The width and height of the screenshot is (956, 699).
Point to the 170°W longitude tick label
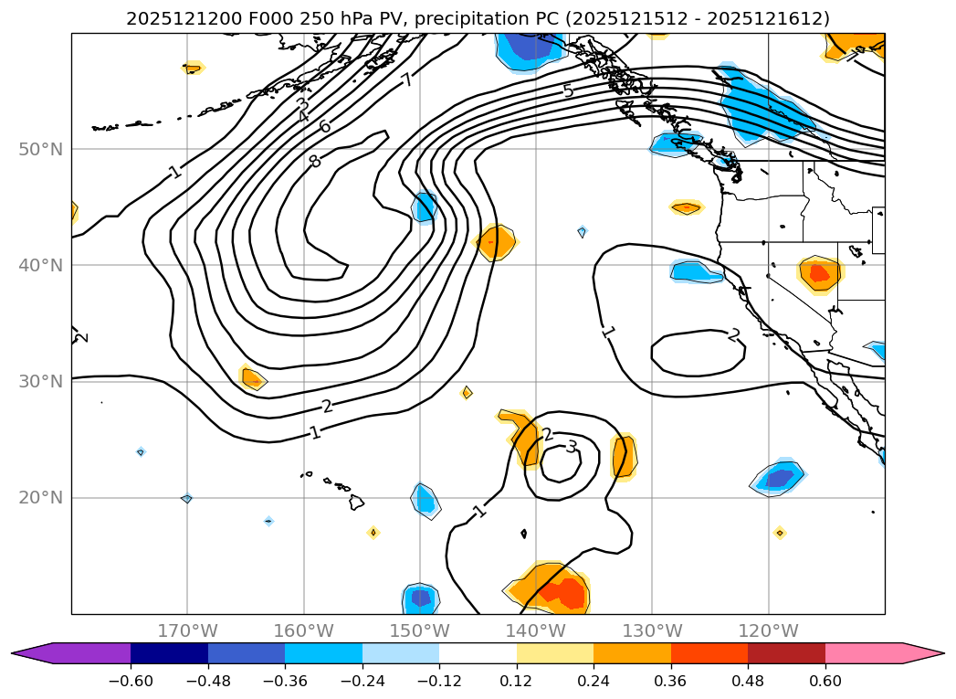pos(187,630)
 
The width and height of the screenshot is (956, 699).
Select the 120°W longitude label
pos(768,630)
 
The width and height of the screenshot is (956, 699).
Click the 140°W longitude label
pos(536,630)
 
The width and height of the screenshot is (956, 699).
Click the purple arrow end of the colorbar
pos(27,652)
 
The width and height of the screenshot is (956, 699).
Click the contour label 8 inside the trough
pos(314,161)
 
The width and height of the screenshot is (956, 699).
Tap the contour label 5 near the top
pos(568,90)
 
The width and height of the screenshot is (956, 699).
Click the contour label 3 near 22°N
pos(572,447)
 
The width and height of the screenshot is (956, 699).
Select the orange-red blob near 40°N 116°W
pos(819,272)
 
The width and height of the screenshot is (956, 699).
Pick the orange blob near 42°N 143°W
pos(495,242)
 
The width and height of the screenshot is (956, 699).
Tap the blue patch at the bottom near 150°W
pos(420,598)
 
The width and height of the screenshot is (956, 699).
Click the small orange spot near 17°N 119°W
pos(779,533)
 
